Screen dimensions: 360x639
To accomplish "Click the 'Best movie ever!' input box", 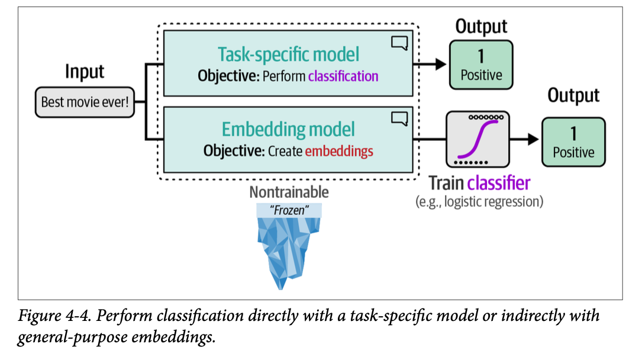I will click(x=85, y=101).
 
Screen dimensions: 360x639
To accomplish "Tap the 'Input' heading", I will click(x=85, y=72).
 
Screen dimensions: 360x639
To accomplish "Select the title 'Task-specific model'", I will click(x=288, y=54).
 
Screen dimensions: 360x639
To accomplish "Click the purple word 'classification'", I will click(x=343, y=76).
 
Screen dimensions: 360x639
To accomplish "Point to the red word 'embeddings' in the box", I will click(x=339, y=151).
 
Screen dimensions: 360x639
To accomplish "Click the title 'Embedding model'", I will click(x=288, y=129).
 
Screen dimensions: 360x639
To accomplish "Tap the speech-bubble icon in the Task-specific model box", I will click(x=399, y=43).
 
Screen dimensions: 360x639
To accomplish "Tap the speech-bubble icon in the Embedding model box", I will click(x=399, y=118).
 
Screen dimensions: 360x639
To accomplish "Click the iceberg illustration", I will click(x=288, y=249).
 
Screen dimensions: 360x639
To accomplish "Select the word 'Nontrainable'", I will click(x=289, y=192).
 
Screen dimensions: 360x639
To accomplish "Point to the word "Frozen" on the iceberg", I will click(x=289, y=210).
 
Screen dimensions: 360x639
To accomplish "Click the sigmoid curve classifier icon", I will click(x=477, y=140).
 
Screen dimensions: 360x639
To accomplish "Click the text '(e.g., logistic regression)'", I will click(x=480, y=201).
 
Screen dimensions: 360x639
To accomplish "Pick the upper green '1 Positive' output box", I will click(x=480, y=66).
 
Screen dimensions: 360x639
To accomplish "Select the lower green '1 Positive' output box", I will click(x=573, y=142).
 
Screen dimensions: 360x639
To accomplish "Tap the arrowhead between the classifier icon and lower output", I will click(x=532, y=140).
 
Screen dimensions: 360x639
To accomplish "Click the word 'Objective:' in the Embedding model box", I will click(x=234, y=151).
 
